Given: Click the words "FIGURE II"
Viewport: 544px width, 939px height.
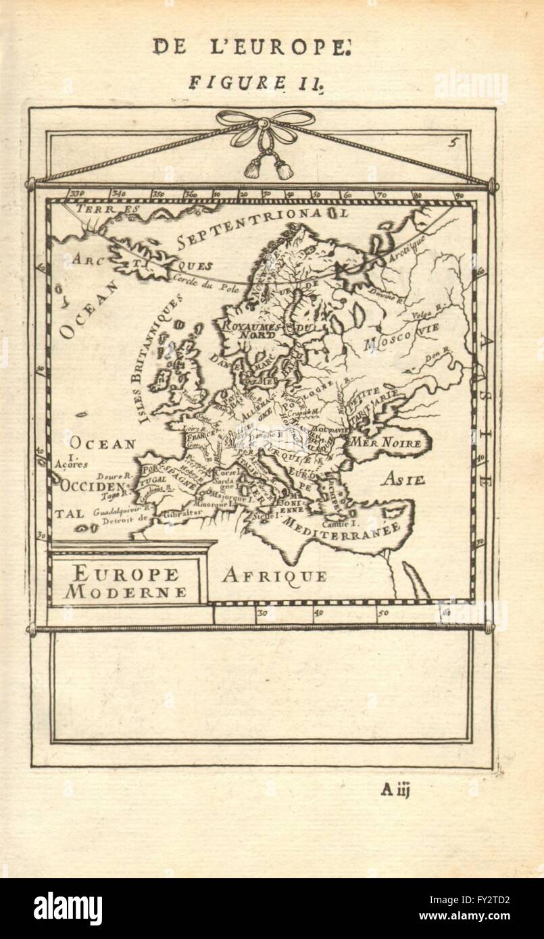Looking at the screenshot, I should point(248,83).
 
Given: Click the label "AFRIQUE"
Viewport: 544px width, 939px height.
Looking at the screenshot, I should point(274,576).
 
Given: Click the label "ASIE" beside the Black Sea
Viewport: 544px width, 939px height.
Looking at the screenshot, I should point(401,480).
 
